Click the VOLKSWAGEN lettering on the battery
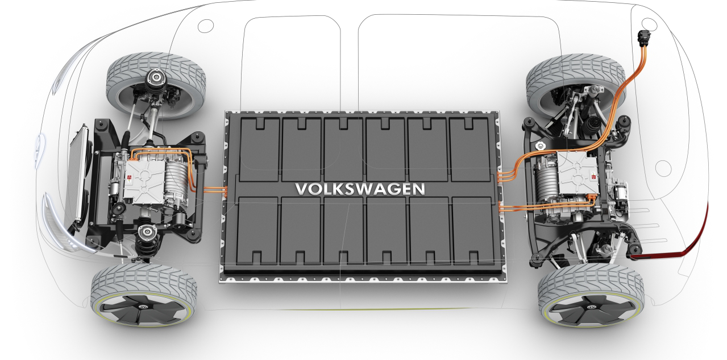point(360,189)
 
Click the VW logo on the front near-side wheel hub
point(142,307)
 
